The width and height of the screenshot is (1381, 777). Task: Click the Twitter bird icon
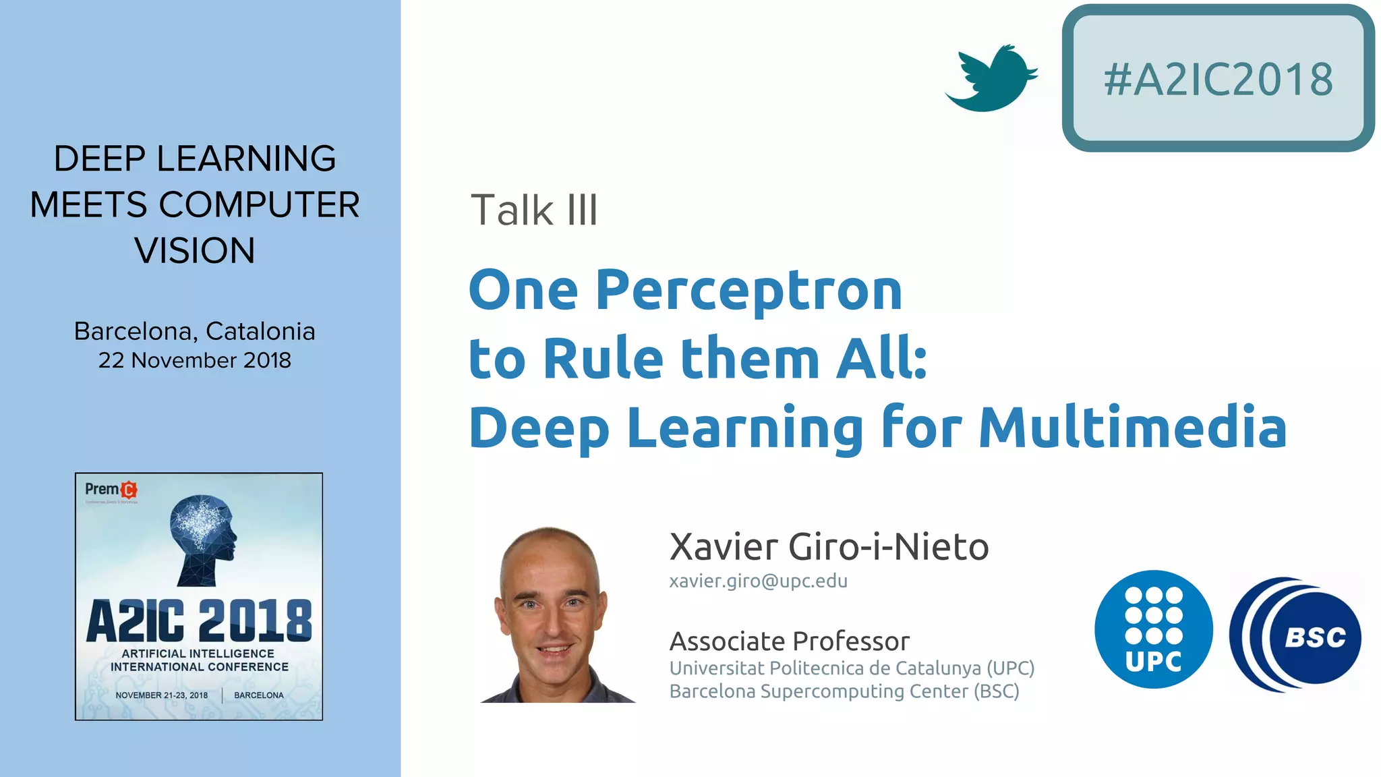(991, 78)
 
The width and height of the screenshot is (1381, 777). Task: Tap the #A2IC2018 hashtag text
(1218, 80)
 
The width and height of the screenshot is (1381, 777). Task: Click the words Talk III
(533, 210)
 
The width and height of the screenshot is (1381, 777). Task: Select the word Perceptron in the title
(748, 290)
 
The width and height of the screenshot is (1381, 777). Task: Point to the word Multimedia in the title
(1133, 427)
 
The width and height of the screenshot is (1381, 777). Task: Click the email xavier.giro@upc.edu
(758, 581)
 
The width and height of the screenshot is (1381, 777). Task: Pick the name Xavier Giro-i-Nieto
(829, 546)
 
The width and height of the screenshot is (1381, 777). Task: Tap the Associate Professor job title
(789, 641)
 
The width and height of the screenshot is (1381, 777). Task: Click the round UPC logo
(1153, 629)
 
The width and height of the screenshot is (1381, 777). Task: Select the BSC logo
(1295, 634)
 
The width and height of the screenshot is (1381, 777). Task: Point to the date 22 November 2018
(195, 360)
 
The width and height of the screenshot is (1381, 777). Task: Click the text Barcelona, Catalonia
(195, 331)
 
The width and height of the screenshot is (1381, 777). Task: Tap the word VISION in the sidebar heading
(195, 251)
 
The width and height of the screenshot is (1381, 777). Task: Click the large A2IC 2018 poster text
(199, 621)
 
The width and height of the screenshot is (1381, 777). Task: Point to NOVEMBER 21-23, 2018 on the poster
(162, 695)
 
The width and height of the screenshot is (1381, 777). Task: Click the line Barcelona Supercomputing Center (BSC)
(844, 691)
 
